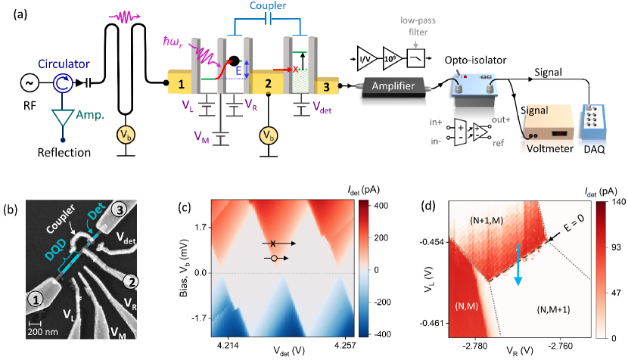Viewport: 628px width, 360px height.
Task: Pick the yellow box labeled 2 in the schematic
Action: [266, 80]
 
